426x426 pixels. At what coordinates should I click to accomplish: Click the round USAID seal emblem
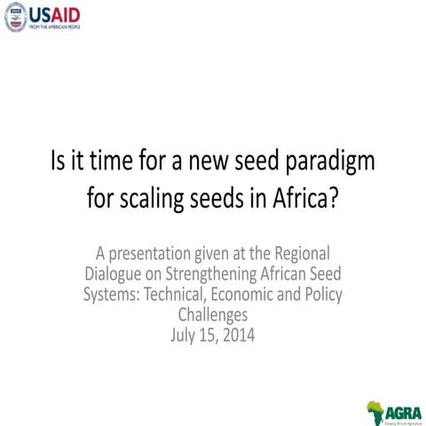15,17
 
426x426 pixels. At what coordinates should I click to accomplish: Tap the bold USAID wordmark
57,13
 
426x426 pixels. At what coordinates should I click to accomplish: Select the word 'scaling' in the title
162,196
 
